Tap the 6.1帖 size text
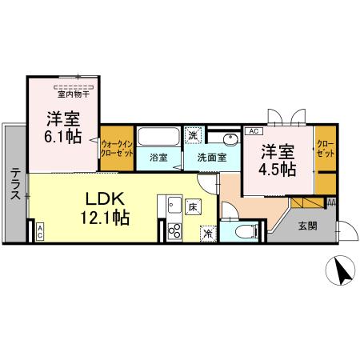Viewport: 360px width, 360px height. [x=62, y=135]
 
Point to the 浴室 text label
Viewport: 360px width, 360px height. [x=158, y=157]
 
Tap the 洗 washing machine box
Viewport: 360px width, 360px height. [x=192, y=134]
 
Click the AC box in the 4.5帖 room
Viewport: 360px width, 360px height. [x=252, y=131]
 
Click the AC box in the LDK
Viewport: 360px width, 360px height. [x=39, y=232]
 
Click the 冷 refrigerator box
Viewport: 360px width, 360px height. [x=207, y=234]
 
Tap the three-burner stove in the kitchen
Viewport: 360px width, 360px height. [x=174, y=232]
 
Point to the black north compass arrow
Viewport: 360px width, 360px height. [x=343, y=273]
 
